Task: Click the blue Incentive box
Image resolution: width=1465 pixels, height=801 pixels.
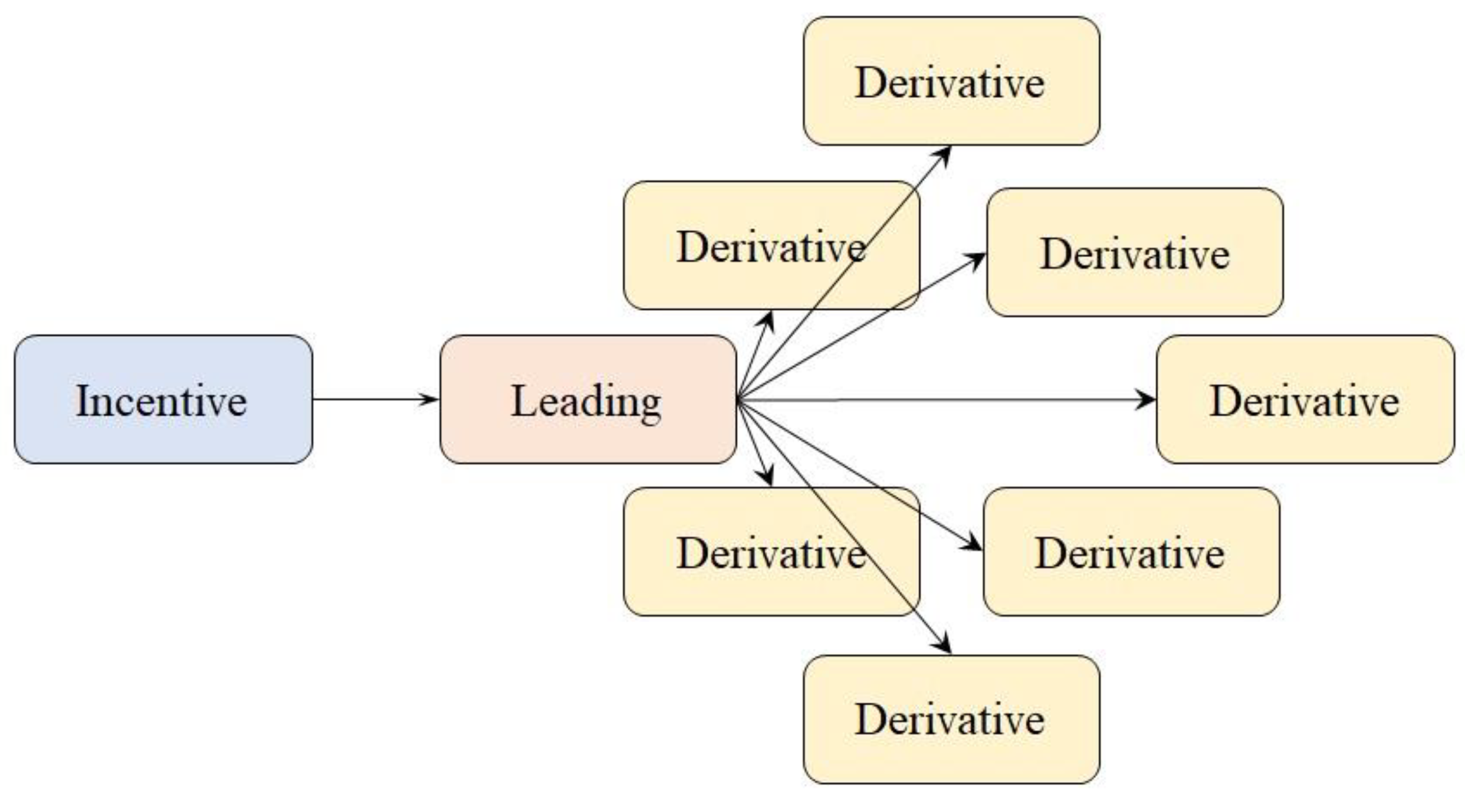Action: [163, 399]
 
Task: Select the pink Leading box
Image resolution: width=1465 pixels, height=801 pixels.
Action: [588, 399]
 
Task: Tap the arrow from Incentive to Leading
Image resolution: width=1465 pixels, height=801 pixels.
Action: [372, 399]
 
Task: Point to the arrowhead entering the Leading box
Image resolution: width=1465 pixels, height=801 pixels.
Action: [429, 399]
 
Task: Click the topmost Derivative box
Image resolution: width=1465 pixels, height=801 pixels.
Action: [951, 81]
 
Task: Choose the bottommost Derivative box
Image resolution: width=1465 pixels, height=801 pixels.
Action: [951, 720]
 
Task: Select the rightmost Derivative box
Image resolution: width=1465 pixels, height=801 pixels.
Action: [1305, 399]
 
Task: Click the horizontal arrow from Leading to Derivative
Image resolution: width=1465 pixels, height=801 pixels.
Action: [944, 400]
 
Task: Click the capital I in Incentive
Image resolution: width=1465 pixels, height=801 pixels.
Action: [83, 401]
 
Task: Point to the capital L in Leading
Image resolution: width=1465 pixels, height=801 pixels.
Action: [519, 401]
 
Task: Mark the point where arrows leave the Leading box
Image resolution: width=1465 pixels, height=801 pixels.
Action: [738, 400]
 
